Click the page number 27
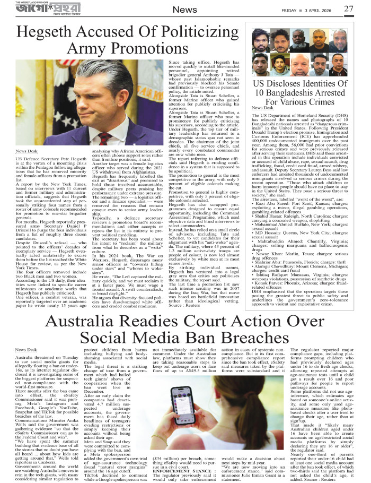click(x=348, y=8)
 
